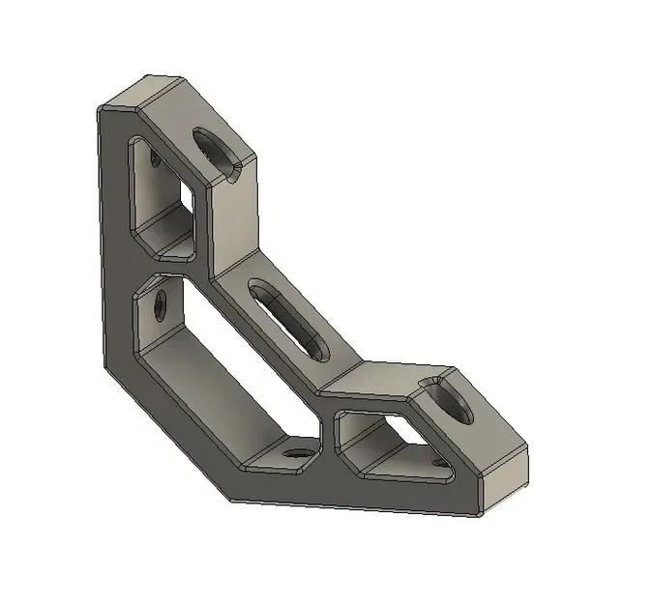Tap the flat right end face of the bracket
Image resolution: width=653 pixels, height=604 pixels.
505,479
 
